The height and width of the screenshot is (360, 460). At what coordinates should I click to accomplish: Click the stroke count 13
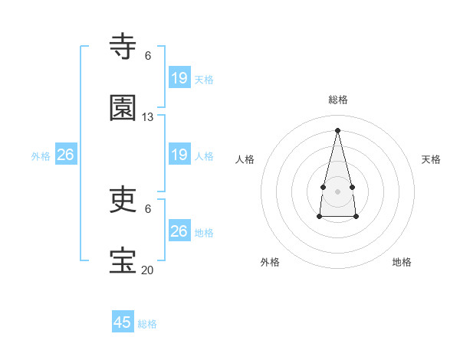coord(148,117)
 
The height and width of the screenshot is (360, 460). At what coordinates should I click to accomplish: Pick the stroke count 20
coord(148,270)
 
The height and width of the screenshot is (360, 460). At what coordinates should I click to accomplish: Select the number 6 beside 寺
coord(148,56)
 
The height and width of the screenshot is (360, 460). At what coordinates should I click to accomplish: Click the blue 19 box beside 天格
coord(179,77)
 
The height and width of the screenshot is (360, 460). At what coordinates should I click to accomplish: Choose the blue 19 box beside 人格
coord(179,154)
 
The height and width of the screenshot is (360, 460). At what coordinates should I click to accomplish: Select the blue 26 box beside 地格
coord(179,231)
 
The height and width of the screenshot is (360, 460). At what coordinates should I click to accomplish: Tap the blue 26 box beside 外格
coord(66,155)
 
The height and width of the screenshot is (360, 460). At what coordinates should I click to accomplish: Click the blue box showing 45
coord(123,322)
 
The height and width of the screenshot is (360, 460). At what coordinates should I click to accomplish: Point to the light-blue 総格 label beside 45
coord(147,324)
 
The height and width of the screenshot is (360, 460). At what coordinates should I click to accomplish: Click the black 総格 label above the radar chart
coord(338,100)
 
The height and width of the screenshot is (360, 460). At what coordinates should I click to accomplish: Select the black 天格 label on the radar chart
coord(432,159)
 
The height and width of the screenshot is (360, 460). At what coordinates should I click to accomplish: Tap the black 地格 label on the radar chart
coord(402,262)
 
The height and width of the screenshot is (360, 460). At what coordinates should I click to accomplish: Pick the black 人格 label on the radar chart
coord(245,159)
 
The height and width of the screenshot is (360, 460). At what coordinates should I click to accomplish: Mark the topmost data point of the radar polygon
coord(338,129)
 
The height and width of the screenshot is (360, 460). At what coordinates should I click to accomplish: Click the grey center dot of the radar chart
coord(338,191)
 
